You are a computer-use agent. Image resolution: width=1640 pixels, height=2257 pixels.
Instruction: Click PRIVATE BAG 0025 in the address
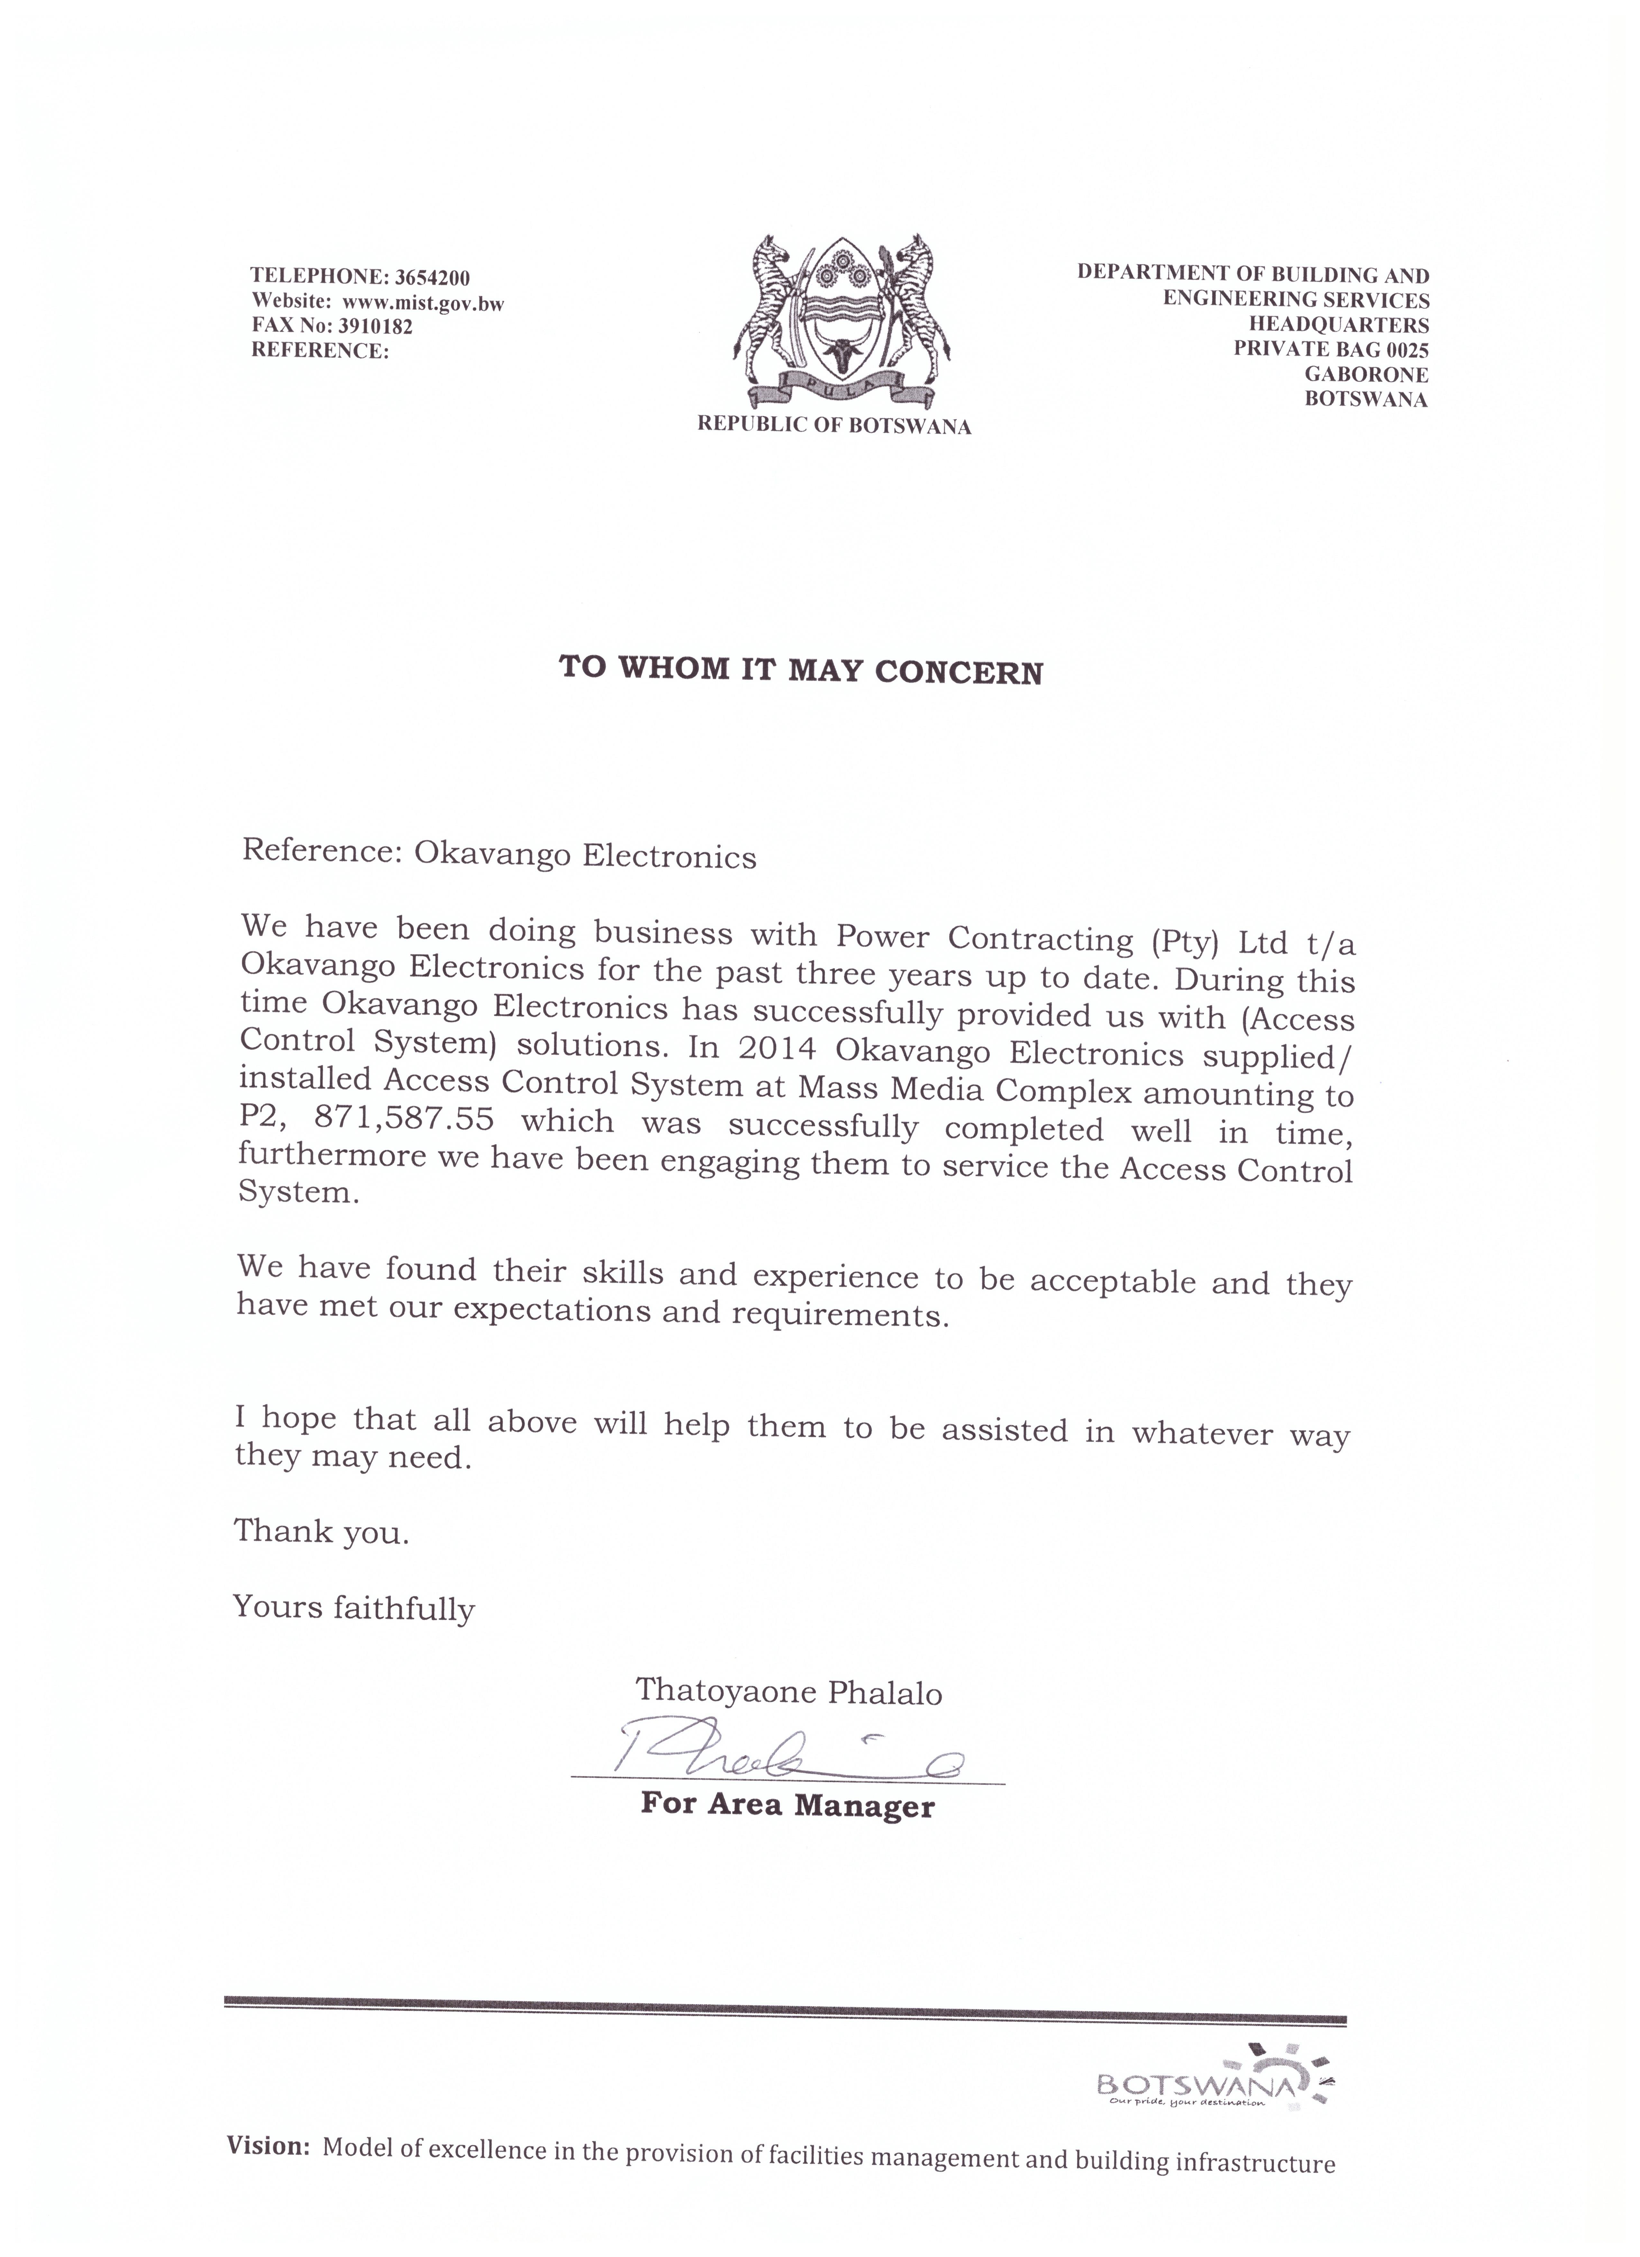point(1331,349)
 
